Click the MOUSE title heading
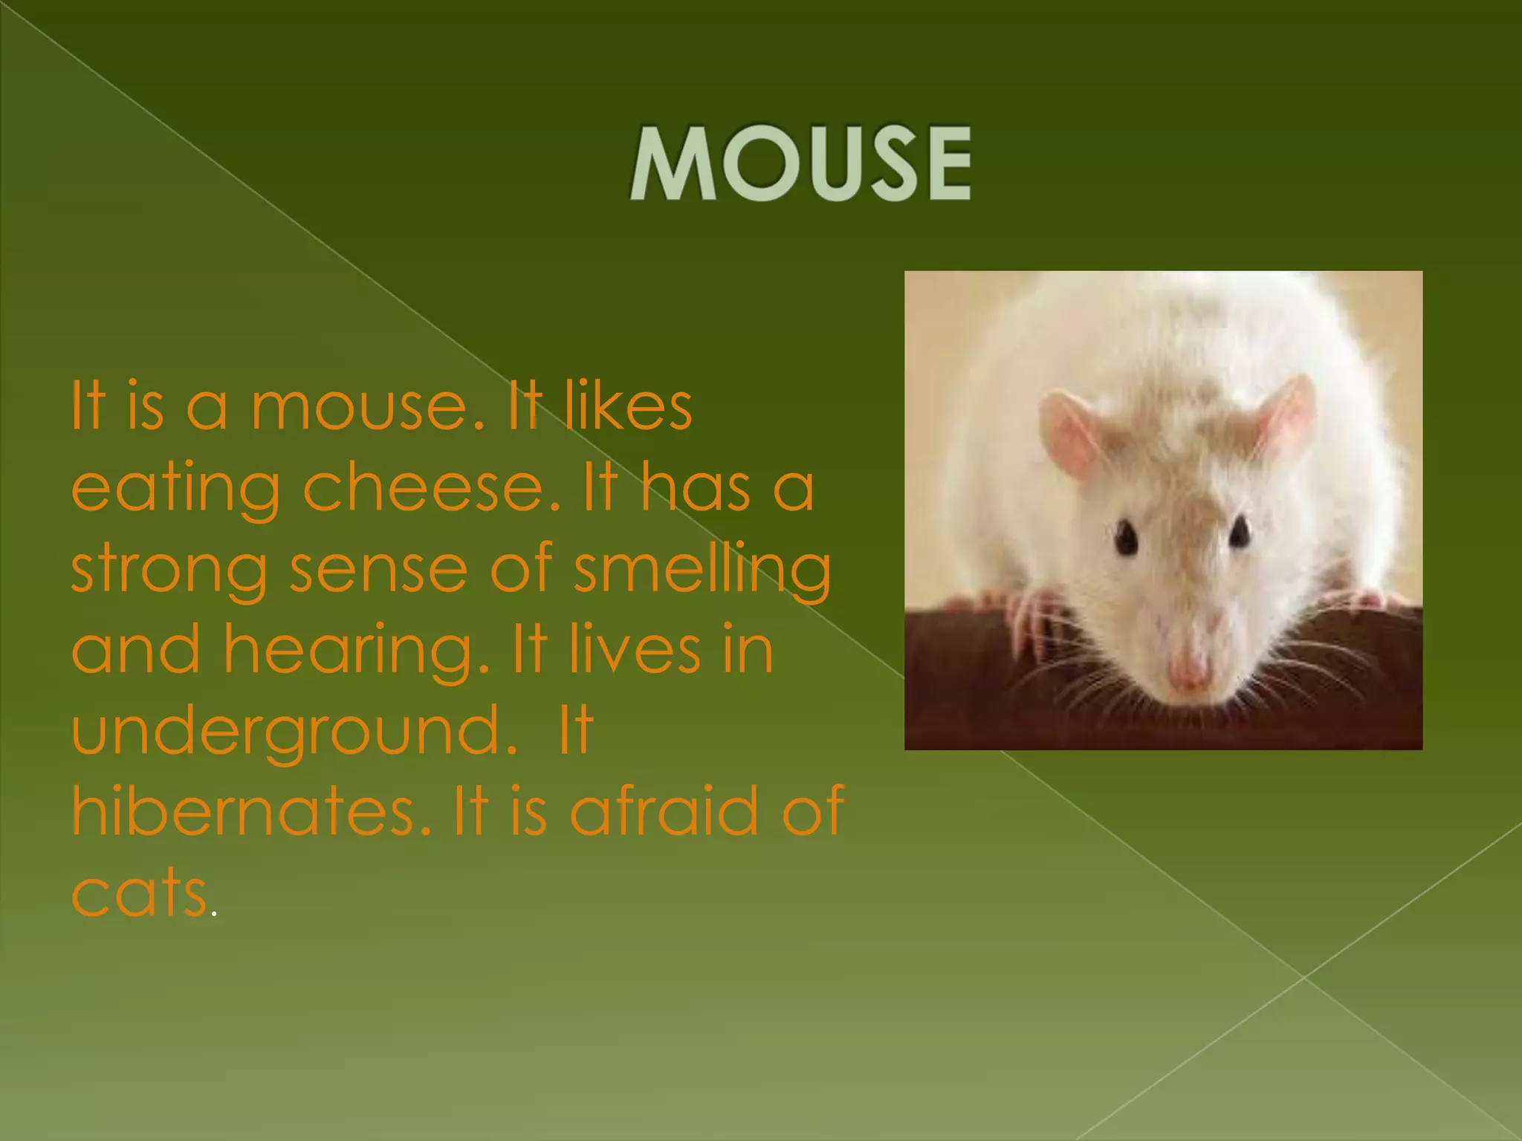800,163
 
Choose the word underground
294,731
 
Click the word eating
175,490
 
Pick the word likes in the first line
629,407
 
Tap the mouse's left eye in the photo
1126,536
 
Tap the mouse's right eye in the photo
1239,532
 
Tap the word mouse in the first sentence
369,407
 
